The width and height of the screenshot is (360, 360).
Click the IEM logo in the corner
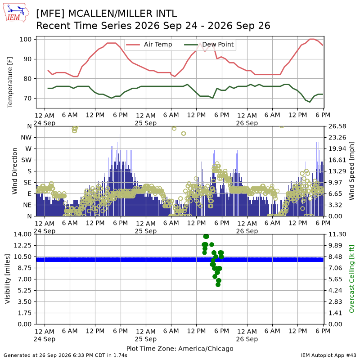[16, 13]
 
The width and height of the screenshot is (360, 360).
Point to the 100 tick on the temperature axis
[26, 39]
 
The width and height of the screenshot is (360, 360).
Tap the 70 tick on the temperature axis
[27, 98]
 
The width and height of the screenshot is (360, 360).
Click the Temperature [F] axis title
[10, 82]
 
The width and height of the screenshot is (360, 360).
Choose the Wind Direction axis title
[15, 171]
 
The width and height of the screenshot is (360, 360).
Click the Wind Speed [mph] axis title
[351, 171]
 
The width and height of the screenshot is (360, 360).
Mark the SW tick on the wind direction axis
[27, 160]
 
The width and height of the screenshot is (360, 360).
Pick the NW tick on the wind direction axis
[26, 137]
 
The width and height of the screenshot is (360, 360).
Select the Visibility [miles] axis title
[8, 279]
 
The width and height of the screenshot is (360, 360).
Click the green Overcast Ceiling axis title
[351, 279]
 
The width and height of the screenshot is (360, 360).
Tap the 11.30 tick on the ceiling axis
[337, 234]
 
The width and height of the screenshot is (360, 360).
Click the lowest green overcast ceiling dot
[218, 285]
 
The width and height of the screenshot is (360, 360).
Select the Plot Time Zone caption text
[180, 348]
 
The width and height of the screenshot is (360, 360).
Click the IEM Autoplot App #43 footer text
[328, 355]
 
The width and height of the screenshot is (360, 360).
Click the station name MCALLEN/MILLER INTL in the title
[122, 14]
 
